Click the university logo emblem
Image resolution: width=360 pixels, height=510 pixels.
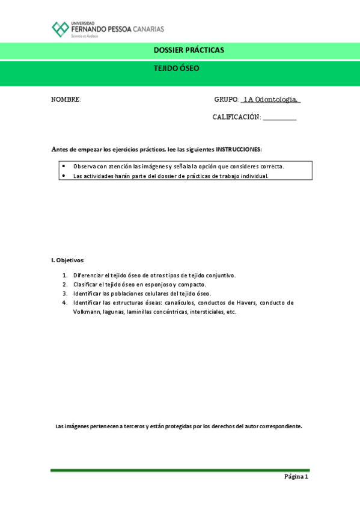60,29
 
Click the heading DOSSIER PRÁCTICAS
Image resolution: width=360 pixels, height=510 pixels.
180,50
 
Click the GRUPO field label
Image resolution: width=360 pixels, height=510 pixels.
227,100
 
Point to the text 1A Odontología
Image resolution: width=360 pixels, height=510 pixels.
270,100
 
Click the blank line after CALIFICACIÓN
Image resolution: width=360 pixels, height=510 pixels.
279,118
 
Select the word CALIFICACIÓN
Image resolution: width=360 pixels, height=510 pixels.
236,117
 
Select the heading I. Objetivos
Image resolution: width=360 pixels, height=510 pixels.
68,260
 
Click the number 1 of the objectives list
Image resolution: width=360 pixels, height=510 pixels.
65,275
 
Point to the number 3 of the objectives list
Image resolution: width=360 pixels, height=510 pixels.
65,293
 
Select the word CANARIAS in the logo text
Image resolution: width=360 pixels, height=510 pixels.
149,29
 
